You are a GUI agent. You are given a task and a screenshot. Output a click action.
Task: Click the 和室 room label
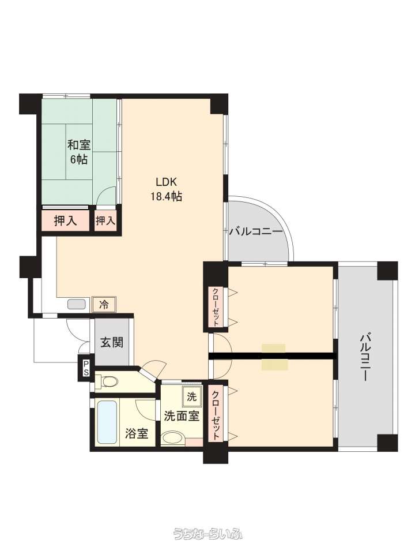79,145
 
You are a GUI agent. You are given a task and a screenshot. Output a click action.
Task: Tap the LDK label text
166,182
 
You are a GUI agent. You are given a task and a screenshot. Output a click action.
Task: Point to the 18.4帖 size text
167,196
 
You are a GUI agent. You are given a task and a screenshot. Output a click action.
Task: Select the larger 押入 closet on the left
65,221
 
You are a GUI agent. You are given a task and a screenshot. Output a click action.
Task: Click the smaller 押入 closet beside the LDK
105,221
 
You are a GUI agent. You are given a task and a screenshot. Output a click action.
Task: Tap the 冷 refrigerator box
104,305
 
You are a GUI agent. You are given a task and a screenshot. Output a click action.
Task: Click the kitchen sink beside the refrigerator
77,304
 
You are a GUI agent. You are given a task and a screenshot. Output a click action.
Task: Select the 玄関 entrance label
112,342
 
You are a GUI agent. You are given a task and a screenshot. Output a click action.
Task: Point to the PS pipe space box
86,367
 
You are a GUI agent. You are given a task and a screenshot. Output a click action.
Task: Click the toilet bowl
109,381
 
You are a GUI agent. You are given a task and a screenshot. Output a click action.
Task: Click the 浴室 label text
137,433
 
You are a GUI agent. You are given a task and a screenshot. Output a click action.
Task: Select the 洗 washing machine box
191,396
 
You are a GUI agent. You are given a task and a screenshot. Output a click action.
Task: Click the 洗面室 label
182,416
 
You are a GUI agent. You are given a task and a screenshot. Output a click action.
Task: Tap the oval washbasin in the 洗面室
172,437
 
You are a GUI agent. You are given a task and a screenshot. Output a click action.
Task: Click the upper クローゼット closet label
215,306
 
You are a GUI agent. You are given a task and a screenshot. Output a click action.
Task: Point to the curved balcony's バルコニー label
256,232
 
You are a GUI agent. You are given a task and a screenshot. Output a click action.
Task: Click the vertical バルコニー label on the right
365,357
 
